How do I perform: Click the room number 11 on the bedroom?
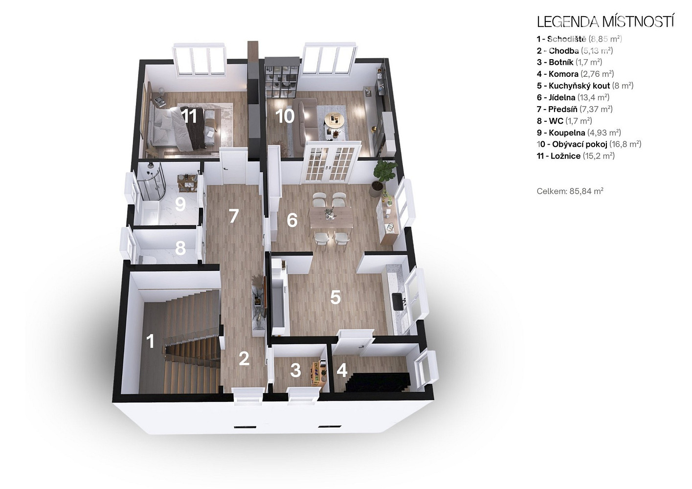pos(189,116)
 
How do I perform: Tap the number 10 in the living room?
pos(285,116)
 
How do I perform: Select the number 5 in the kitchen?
pos(335,297)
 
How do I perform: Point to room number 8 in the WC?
pos(180,248)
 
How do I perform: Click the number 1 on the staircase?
pos(150,342)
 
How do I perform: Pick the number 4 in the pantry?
pos(342,370)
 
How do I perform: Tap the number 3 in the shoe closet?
pos(296,370)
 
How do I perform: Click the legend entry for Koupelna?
pos(579,133)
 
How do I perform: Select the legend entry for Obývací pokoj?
pos(589,144)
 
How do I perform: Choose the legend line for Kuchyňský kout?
pos(585,86)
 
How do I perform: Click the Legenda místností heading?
pos(605,22)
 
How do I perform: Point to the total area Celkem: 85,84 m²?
pos(570,191)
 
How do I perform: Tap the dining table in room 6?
pos(331,217)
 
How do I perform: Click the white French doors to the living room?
pos(331,162)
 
